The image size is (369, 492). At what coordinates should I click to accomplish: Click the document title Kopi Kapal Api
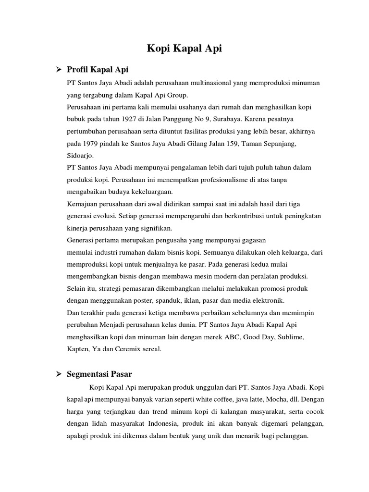tap(184, 49)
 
